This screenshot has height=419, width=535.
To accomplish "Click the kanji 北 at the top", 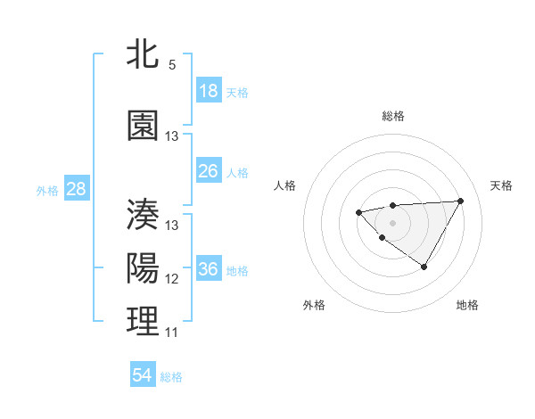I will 144,54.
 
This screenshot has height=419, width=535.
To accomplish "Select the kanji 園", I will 144,126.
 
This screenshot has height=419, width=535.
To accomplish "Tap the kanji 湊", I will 144,215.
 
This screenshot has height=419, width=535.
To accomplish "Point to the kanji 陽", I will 144,268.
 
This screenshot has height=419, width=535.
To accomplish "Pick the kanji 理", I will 144,322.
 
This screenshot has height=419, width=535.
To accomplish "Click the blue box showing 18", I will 209,91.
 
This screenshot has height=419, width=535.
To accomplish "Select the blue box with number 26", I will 209,171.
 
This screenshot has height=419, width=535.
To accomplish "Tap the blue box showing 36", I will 209,269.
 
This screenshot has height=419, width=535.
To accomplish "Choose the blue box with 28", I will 76,189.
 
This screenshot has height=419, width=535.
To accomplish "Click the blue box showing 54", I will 143,375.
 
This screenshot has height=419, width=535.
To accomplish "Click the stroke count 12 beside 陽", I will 172,279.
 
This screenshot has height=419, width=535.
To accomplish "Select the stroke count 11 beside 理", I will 171,333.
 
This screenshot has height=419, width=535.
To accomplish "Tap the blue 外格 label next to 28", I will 47,190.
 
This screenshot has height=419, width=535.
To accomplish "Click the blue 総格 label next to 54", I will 171,377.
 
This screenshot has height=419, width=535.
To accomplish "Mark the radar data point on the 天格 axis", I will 460,201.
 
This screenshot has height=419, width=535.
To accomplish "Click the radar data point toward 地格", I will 424,267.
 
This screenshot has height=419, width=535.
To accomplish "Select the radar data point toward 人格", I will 358,212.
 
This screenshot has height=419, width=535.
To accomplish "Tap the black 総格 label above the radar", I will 392,116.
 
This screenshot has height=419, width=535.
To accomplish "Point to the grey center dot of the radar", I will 392,222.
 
